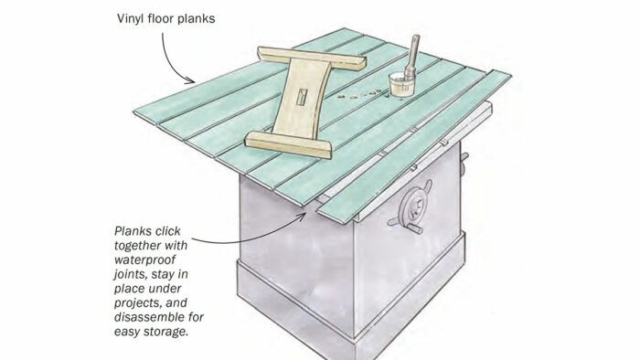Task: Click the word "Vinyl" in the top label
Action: pyautogui.click(x=130, y=19)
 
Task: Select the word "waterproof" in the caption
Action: pyautogui.click(x=144, y=260)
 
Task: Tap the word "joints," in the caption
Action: pyautogui.click(x=131, y=274)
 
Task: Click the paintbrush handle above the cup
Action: pyautogui.click(x=413, y=53)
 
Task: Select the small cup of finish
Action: pyautogui.click(x=401, y=84)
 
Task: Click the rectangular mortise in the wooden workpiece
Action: pyautogui.click(x=302, y=97)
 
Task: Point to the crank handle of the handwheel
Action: pyautogui.click(x=415, y=229)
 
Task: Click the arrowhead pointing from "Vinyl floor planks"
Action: pyautogui.click(x=190, y=79)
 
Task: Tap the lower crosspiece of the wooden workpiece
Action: pyautogui.click(x=289, y=144)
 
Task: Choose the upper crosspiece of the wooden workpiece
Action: pyautogui.click(x=312, y=57)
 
